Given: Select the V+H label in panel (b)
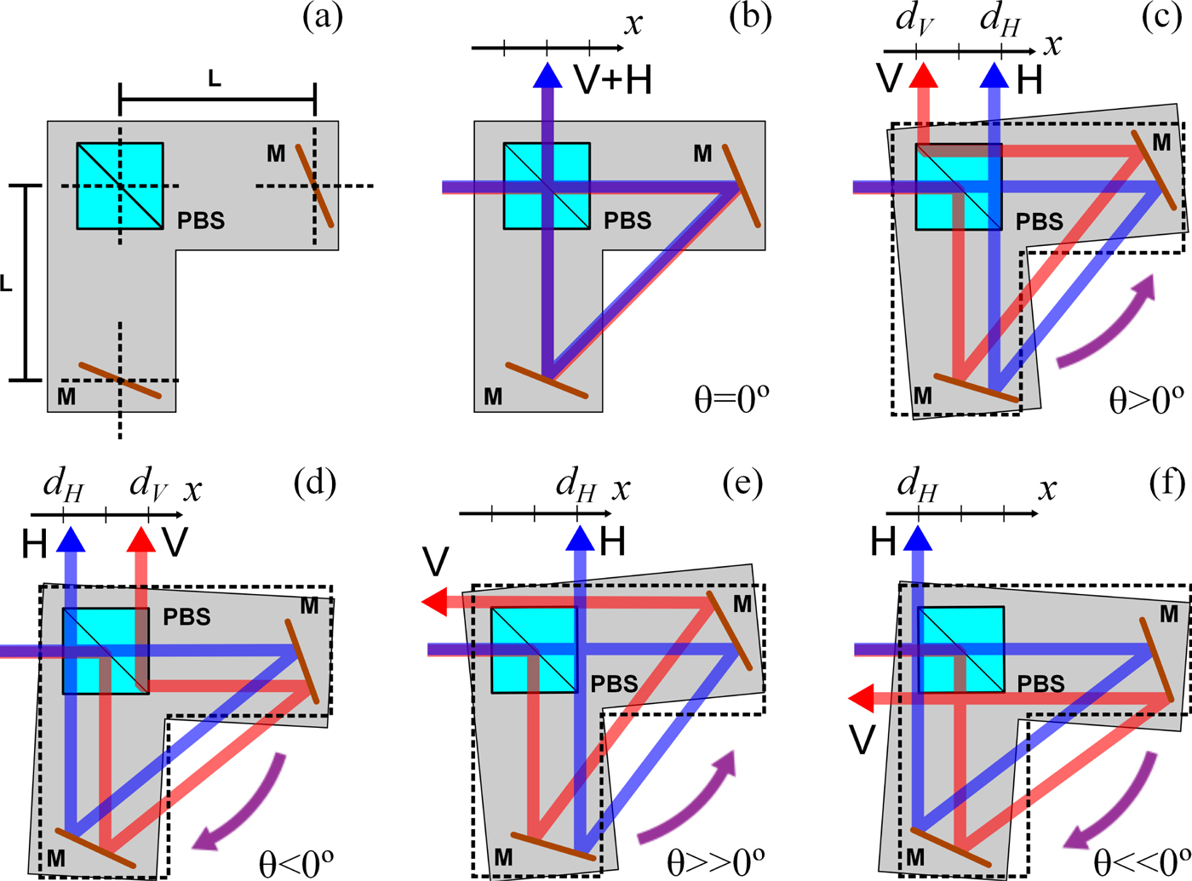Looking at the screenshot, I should click(x=613, y=80).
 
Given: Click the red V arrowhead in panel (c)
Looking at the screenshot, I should click(x=923, y=76).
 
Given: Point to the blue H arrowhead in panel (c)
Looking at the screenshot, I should click(x=994, y=76).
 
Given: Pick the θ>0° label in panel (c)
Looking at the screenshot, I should click(x=1147, y=398).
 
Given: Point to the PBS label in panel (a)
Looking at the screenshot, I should click(x=201, y=220).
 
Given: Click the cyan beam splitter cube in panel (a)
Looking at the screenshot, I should click(x=119, y=186).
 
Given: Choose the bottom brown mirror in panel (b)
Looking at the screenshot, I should click(x=546, y=380).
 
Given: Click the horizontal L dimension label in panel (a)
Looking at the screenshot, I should click(x=215, y=80).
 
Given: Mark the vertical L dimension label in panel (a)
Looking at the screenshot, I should click(x=7, y=283).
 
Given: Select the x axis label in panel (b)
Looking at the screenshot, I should click(x=633, y=24).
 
